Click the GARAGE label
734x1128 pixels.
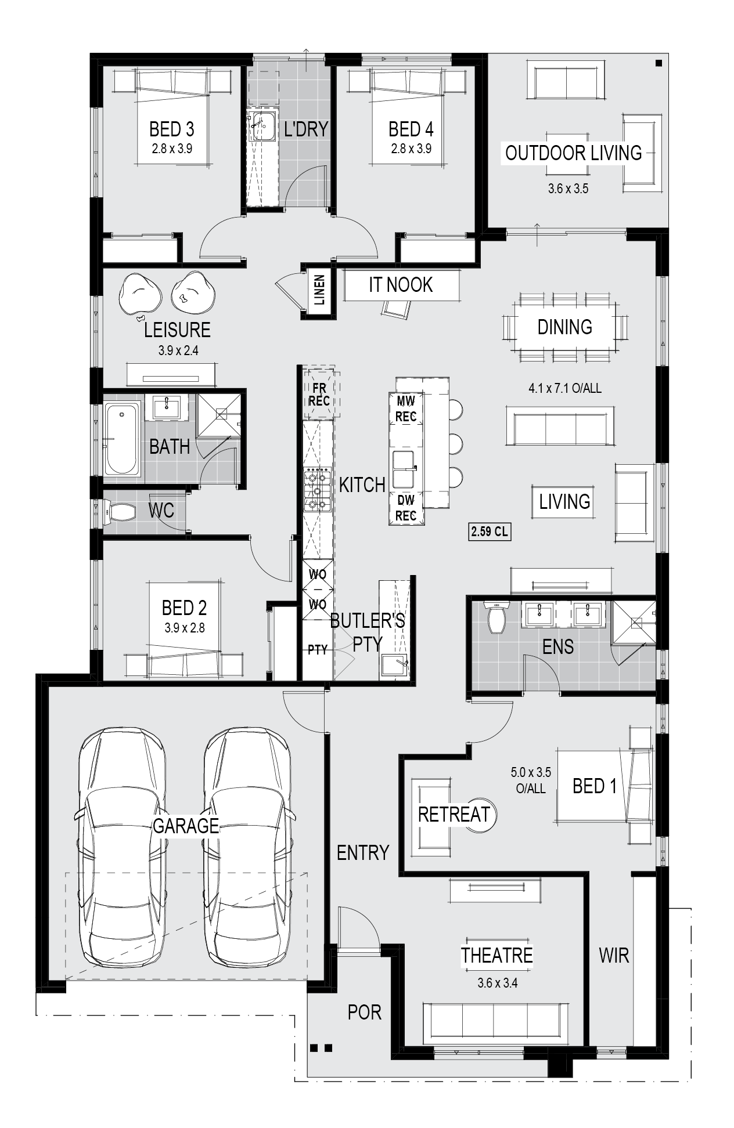click(186, 825)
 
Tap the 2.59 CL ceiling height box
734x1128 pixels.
click(490, 531)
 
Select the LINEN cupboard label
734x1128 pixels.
click(319, 290)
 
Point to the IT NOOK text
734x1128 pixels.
click(401, 285)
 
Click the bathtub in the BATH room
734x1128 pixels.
click(122, 439)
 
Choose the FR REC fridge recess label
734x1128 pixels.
click(319, 394)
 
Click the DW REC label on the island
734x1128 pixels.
click(406, 508)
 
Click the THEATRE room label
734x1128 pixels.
click(496, 955)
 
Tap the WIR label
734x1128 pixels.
click(614, 955)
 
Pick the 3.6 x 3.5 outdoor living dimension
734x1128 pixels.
click(568, 189)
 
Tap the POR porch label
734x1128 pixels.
click(365, 1012)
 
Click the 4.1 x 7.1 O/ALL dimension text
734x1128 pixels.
click(565, 388)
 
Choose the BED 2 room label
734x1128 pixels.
click(184, 608)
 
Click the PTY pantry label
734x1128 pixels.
click(318, 650)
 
